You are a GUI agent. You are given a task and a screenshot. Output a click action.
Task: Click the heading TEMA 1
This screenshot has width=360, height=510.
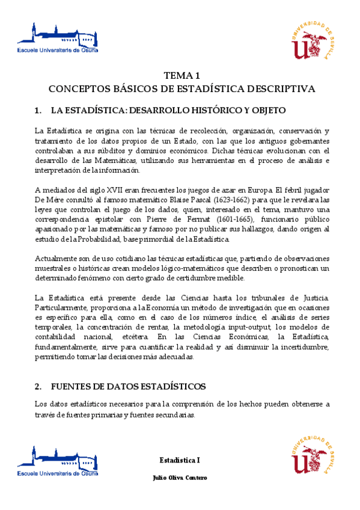181,76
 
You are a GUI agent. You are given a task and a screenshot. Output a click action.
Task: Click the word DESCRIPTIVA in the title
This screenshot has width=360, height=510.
281,88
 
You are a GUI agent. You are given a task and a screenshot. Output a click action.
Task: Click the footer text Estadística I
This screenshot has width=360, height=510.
180,460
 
